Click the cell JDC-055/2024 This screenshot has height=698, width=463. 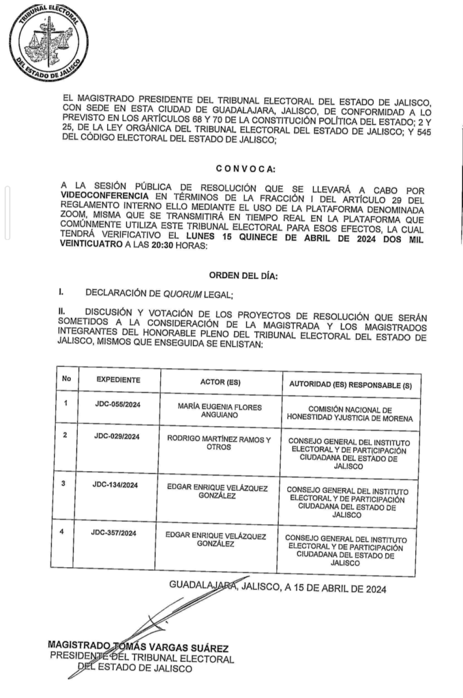(x=117, y=404)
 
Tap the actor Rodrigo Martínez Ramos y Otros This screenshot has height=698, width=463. (x=219, y=444)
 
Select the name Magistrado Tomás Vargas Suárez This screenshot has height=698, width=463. (x=138, y=646)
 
